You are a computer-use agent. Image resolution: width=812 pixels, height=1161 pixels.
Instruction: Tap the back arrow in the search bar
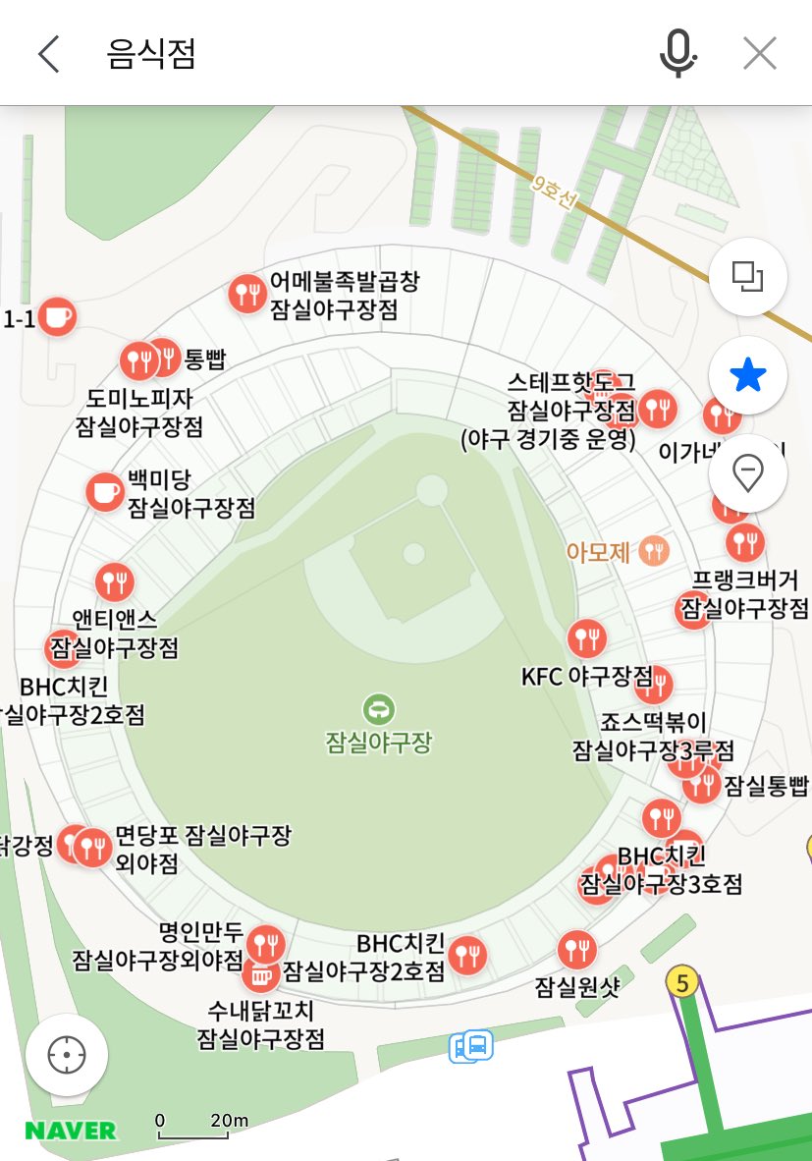48,54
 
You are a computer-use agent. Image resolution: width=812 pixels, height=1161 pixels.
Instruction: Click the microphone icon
677,53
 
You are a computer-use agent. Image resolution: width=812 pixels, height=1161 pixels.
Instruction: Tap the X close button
760,54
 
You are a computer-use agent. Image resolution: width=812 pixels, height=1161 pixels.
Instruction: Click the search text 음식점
151,54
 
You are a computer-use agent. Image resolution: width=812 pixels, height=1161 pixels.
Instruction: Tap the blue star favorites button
748,375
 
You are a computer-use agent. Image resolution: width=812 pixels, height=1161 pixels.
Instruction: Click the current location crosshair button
67,1056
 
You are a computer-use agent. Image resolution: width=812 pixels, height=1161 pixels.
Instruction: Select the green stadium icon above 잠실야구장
378,707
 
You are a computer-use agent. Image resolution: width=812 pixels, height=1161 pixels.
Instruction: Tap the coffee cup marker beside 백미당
104,491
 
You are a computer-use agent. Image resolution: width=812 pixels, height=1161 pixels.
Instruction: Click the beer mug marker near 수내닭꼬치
260,975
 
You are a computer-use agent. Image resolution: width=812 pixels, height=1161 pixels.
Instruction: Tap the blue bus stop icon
471,1046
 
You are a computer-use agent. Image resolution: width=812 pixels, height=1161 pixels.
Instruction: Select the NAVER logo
71,1131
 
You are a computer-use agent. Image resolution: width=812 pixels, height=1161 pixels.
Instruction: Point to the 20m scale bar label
229,1121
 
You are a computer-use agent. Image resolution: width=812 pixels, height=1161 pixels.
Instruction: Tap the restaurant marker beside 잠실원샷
576,949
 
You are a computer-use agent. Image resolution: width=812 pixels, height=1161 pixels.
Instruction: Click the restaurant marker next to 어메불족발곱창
245,292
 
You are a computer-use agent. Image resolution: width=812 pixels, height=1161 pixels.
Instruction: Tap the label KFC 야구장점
586,676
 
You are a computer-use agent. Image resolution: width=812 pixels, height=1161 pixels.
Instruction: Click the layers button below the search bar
748,278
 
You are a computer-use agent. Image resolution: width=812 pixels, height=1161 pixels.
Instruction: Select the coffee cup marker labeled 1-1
57,316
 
